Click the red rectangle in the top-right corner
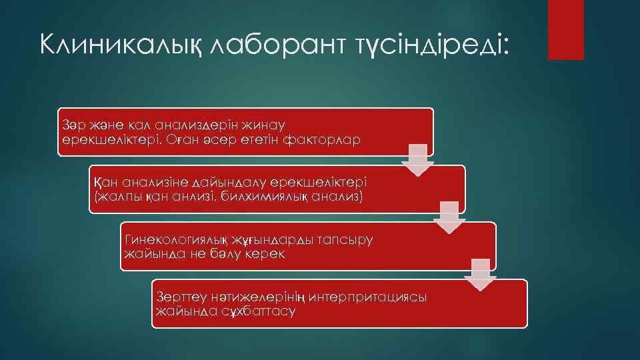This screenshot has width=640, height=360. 565,29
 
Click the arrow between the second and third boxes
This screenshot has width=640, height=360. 449,217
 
